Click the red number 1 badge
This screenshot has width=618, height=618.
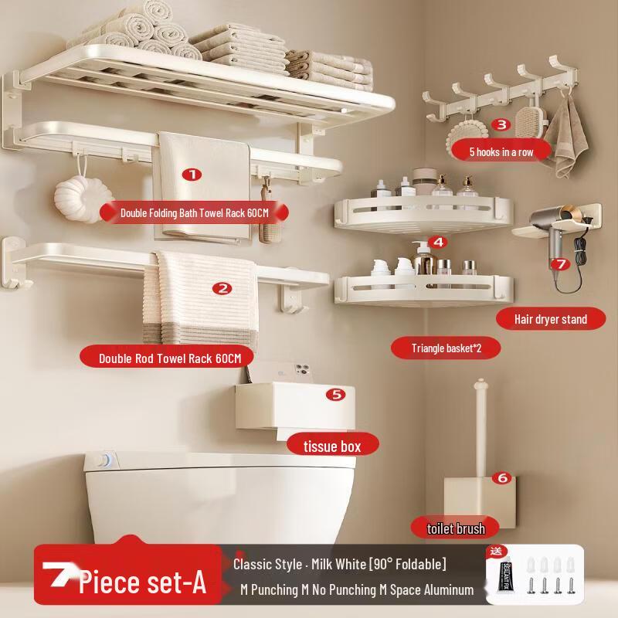point(192,175)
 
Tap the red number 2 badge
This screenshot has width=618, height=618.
point(222,289)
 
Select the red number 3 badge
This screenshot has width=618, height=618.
point(501,124)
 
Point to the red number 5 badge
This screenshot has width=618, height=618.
point(335,395)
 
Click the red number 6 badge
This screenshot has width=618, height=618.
point(502,478)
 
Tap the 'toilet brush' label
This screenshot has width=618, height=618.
point(456,528)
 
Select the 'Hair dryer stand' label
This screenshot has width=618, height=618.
point(550,318)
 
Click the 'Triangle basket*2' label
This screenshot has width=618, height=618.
point(446,348)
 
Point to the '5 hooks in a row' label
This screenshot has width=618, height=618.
point(501,151)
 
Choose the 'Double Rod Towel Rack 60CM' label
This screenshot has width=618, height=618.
point(170,358)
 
